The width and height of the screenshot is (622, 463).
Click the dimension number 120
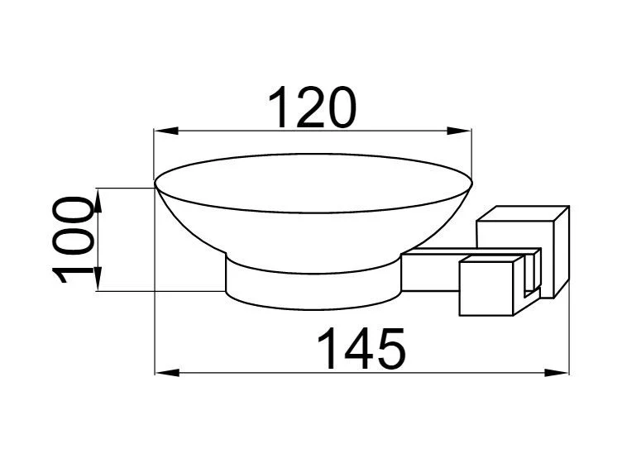coord(312,107)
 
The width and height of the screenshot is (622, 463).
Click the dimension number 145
coord(361,349)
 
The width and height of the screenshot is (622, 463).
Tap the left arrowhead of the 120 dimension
coord(166,131)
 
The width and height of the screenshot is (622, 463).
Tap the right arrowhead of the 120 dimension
coord(459,131)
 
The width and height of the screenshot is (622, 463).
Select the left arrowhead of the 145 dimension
coord(167,373)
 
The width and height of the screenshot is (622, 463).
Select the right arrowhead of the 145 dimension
coord(557,373)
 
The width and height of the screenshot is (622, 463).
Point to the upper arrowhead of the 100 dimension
coord(98,200)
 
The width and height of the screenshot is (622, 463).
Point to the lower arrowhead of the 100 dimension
coord(98,279)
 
